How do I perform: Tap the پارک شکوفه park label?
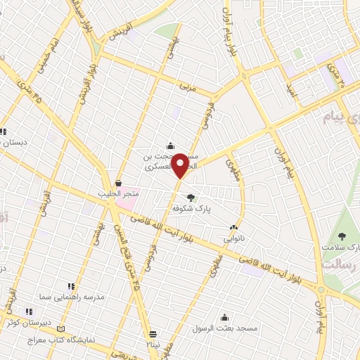(x=193, y=208)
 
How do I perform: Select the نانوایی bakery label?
(x=234, y=238)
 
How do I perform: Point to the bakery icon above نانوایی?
(x=234, y=226)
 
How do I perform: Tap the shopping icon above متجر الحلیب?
(x=119, y=182)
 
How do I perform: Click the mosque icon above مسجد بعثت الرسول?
(x=225, y=318)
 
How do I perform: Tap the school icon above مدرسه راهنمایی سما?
(x=70, y=286)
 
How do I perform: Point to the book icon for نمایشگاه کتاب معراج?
(x=61, y=329)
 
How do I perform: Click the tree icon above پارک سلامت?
(x=342, y=236)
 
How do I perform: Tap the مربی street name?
(x=185, y=87)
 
